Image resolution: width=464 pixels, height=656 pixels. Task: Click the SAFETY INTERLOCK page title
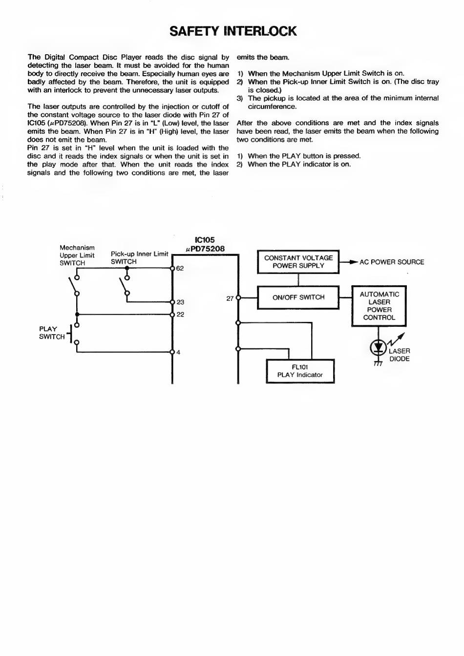[233, 31]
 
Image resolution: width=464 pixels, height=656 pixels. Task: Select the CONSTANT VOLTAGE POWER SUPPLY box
[298, 262]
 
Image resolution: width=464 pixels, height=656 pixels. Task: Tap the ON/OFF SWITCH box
[298, 297]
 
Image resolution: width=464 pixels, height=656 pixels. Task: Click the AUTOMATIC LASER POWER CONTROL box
[379, 306]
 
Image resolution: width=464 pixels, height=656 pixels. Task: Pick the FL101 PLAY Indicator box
[300, 371]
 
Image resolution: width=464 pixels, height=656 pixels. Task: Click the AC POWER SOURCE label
[392, 262]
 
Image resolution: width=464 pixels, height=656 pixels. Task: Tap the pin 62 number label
[180, 268]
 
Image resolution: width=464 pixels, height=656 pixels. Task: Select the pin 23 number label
[180, 302]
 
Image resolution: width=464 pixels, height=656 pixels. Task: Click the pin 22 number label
[180, 315]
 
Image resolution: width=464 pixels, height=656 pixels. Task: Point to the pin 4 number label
[178, 352]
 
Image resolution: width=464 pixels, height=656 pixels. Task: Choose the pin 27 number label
[230, 298]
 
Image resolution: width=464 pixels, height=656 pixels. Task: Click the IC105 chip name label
[205, 240]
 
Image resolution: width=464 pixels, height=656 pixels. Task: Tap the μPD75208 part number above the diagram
[205, 249]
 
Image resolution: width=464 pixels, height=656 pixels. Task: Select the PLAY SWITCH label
[52, 333]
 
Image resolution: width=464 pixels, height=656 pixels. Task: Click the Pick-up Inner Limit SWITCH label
[139, 257]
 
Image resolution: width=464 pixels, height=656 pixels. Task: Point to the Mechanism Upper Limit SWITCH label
[77, 255]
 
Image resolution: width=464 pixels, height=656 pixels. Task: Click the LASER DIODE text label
[399, 355]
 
